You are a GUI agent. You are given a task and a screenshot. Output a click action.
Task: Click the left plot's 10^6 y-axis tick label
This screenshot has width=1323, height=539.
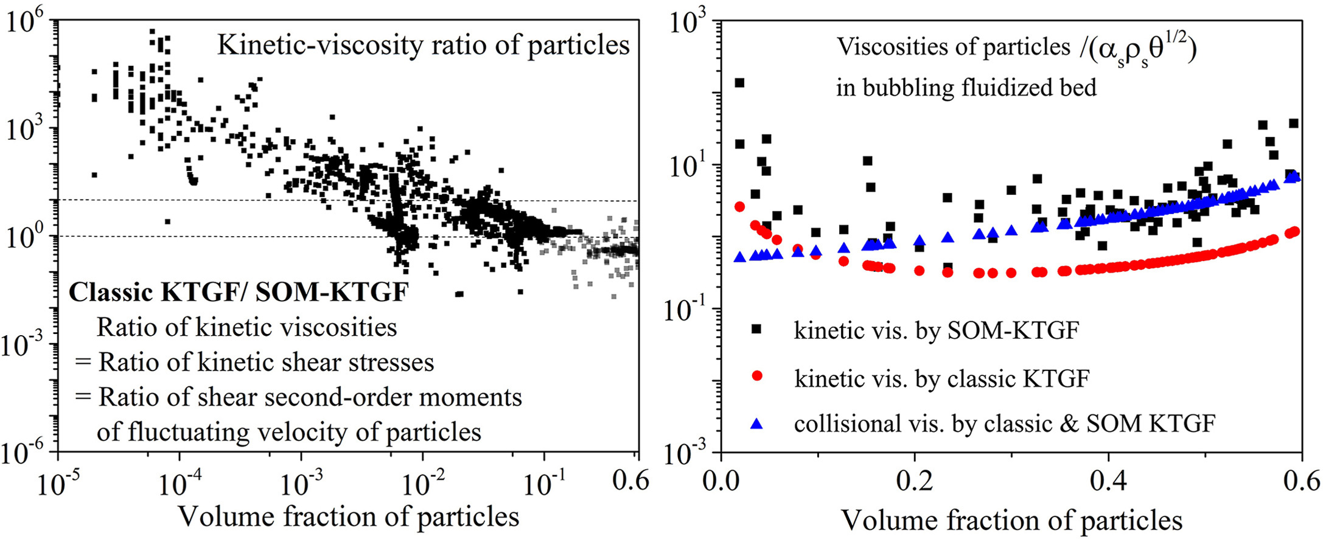(x=26, y=22)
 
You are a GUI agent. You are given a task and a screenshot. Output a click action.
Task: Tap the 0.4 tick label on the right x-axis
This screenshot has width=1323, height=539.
(x=1108, y=482)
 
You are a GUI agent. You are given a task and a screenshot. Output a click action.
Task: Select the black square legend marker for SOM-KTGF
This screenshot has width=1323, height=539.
(x=756, y=329)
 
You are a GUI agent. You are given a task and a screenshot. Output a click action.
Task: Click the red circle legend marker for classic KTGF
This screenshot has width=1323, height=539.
(x=756, y=376)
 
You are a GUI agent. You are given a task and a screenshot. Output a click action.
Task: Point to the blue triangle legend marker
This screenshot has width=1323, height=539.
(x=756, y=423)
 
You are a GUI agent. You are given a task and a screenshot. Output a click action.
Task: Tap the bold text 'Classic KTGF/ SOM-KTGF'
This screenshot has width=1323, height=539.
(x=239, y=293)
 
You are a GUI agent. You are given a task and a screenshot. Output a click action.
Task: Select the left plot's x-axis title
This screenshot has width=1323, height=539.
(x=348, y=517)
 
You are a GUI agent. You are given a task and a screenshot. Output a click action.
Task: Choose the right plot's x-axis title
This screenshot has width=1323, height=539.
(x=1011, y=520)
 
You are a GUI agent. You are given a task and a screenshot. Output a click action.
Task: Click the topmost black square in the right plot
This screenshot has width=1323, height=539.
(x=739, y=83)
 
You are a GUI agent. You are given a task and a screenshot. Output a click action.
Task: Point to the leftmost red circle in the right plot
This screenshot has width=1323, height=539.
(x=739, y=207)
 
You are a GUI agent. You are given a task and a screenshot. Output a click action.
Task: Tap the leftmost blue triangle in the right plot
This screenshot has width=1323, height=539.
(x=739, y=257)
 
